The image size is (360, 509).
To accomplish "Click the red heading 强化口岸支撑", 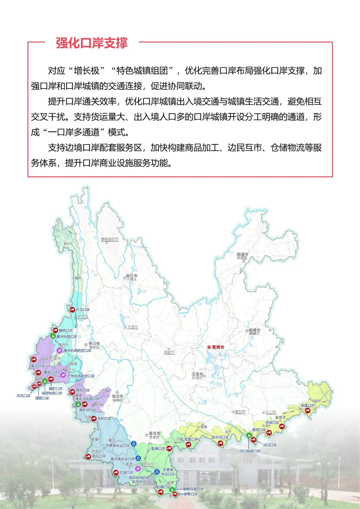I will pyautogui.click(x=92, y=43).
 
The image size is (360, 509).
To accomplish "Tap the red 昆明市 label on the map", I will pyautogui.click(x=218, y=347).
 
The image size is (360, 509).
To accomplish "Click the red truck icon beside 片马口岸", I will pyautogui.click(x=72, y=310).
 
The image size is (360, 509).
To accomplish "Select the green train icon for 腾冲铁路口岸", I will pyautogui.click(x=53, y=336).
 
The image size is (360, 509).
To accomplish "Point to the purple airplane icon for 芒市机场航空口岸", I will pyautogui.click(x=63, y=375).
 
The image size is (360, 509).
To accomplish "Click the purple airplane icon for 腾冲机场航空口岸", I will pyautogui.click(x=60, y=350).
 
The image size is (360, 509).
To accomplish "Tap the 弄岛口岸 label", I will pyautogui.click(x=23, y=396).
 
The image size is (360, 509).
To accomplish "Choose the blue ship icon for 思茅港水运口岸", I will pyautogui.click(x=134, y=444).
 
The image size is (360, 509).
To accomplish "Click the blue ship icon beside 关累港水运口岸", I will pyautogui.click(x=157, y=472).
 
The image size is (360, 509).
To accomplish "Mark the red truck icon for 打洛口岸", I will pyautogui.click(x=116, y=472).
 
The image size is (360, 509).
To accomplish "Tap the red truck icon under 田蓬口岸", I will pyautogui.click(x=308, y=411).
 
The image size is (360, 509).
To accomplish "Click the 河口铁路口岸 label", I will pyautogui.click(x=250, y=451).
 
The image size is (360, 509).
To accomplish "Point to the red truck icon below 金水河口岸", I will pyautogui.click(x=220, y=443).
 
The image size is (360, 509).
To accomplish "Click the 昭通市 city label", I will pyautogui.click(x=242, y=254).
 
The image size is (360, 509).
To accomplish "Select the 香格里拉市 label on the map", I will pyautogui.click(x=109, y=239).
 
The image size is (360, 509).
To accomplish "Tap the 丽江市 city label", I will pyautogui.click(x=132, y=276).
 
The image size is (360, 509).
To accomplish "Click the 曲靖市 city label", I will pyautogui.click(x=254, y=330).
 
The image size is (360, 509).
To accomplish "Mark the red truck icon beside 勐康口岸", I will pyautogui.click(x=169, y=449).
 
